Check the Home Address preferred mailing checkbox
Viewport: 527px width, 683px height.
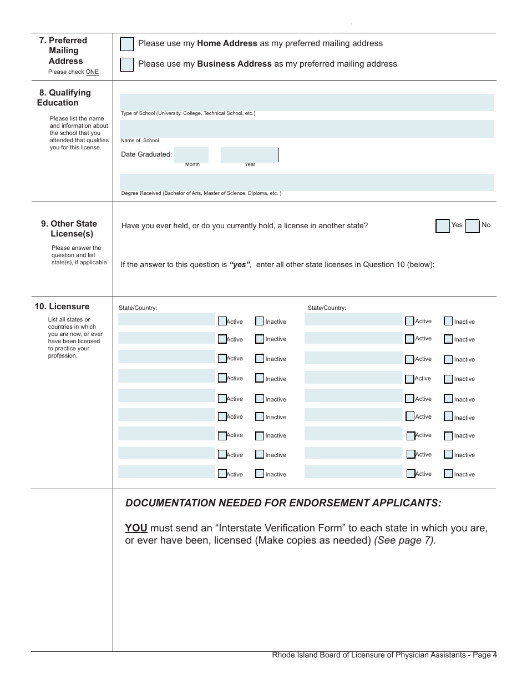click(127, 44)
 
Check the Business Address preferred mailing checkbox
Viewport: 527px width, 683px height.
click(127, 64)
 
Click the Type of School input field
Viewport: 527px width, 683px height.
click(307, 102)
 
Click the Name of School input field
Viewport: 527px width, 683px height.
click(307, 129)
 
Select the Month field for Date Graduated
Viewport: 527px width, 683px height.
click(191, 155)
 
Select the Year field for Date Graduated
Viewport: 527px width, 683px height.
click(249, 155)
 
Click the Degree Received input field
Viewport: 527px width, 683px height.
click(307, 182)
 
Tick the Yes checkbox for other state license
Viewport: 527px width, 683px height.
click(442, 226)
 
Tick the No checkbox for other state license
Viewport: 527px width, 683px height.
click(472, 226)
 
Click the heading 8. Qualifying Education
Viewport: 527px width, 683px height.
click(64, 98)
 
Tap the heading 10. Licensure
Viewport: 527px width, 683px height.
click(62, 307)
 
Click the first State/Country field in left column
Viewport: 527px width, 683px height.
click(166, 319)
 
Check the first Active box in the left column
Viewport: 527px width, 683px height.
click(222, 321)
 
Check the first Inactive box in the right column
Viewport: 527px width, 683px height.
click(448, 321)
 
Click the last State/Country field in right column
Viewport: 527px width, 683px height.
click(353, 472)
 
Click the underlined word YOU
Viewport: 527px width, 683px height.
click(136, 528)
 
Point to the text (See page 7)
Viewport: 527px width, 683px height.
click(405, 541)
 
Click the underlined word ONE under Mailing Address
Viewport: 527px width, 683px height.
click(92, 72)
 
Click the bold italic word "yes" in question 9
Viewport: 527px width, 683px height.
click(240, 265)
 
